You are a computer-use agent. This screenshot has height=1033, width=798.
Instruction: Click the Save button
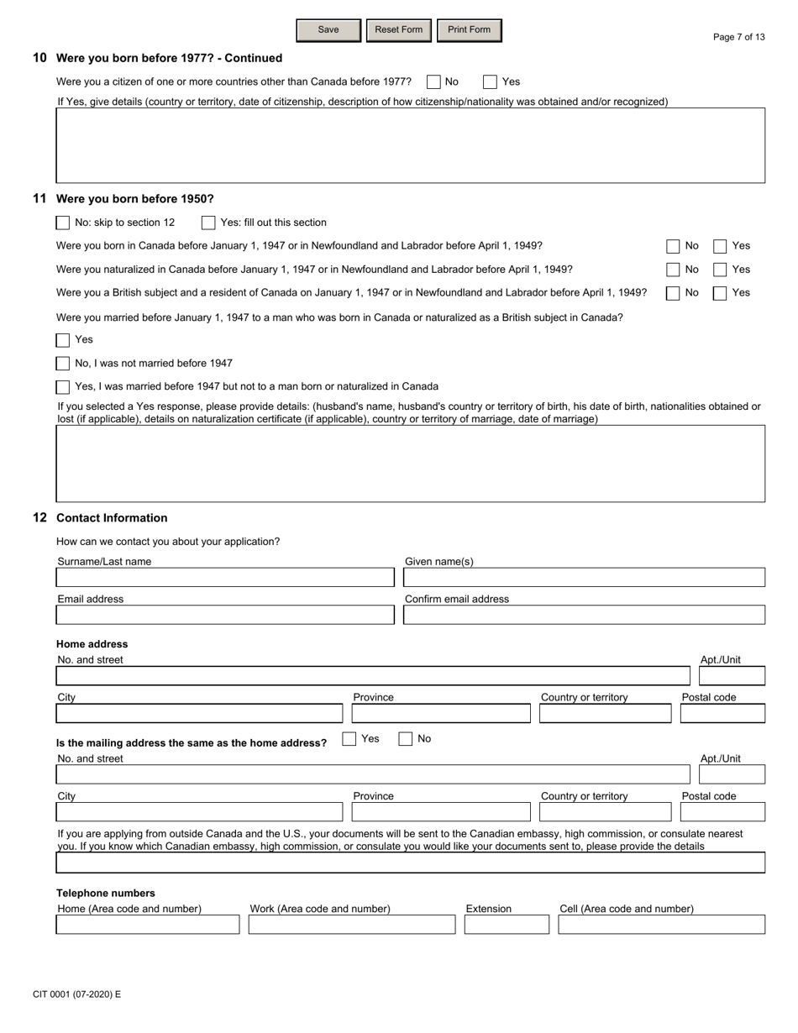[x=328, y=30]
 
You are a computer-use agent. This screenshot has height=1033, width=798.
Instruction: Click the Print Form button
[x=469, y=30]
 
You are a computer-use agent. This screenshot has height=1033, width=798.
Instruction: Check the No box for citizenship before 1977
[x=433, y=82]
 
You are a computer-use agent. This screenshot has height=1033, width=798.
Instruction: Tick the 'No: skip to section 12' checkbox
[x=63, y=223]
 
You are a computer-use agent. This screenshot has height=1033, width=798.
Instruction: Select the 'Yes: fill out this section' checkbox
[x=208, y=223]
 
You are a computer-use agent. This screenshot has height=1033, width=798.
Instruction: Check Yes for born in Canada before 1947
[x=720, y=246]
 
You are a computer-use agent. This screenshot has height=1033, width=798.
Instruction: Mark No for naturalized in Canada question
[x=673, y=270]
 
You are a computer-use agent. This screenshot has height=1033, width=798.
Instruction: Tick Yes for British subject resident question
[x=720, y=293]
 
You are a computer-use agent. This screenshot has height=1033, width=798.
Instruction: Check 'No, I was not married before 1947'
[x=63, y=364]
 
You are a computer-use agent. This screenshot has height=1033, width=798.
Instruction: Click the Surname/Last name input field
[x=225, y=578]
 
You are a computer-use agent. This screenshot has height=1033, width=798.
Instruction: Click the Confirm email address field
[x=584, y=615]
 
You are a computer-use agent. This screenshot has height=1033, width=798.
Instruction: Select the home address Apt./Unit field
[x=732, y=676]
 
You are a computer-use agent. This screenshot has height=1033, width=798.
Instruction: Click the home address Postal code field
[x=722, y=714]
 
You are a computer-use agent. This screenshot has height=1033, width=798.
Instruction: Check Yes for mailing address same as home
[x=349, y=739]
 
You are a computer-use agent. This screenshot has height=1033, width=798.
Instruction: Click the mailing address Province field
[x=441, y=812]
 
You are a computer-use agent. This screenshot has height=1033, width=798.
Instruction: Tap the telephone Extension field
[x=507, y=925]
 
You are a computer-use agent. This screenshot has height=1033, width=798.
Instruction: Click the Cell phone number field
[x=661, y=925]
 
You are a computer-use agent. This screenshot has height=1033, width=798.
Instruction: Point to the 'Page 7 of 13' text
[x=738, y=37]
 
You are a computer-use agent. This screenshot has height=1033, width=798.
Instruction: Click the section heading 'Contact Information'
[x=112, y=518]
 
